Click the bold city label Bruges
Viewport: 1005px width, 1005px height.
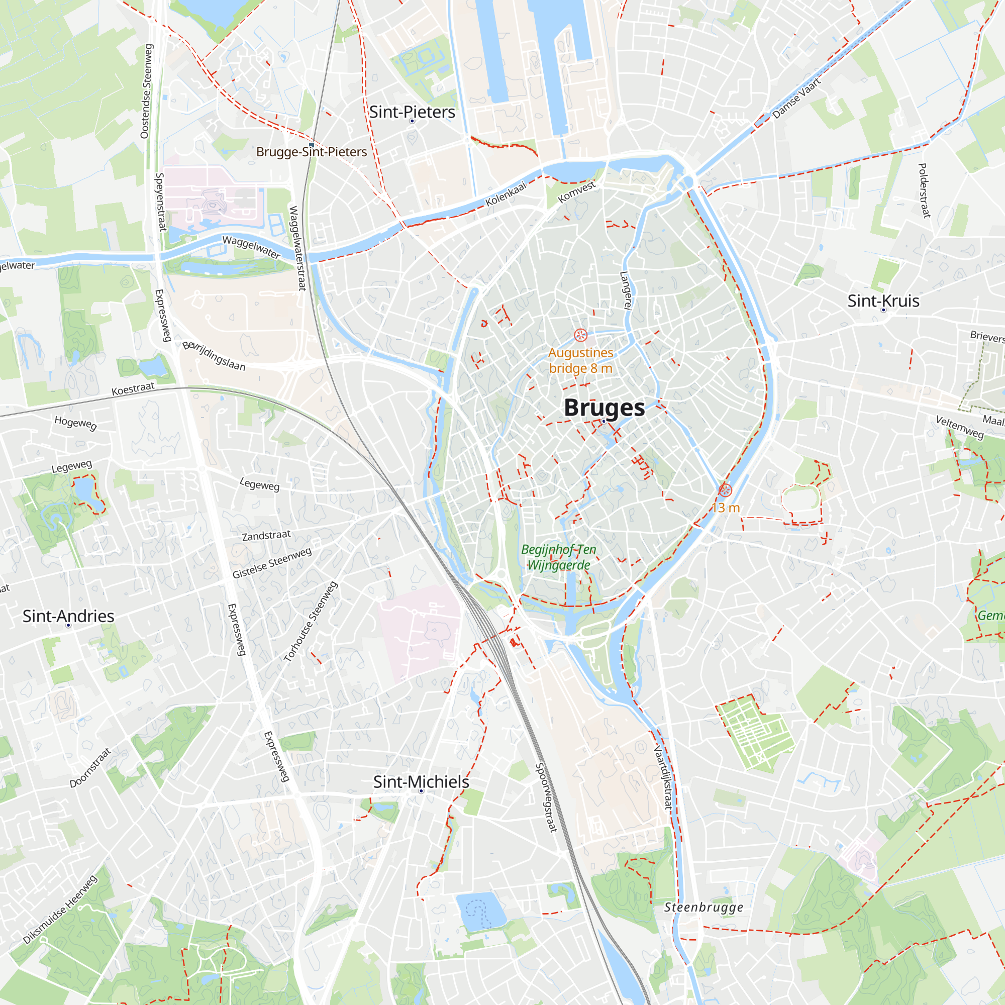(x=604, y=408)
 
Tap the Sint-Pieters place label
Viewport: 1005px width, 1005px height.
(x=412, y=112)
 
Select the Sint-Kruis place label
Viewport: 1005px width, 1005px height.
(x=883, y=300)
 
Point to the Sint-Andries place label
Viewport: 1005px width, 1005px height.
(x=68, y=616)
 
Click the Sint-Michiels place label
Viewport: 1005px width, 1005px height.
(x=421, y=782)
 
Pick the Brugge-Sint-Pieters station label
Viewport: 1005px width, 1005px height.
(x=312, y=152)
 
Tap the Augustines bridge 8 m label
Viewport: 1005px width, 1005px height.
(x=580, y=360)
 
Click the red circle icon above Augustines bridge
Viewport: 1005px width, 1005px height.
(x=580, y=335)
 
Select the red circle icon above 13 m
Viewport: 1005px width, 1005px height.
(x=725, y=490)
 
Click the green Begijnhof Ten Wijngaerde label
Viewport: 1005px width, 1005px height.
(x=559, y=557)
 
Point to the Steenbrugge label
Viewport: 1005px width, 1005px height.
(x=703, y=907)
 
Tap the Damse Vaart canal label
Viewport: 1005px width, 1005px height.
(x=796, y=98)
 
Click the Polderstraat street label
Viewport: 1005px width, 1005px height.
(x=924, y=190)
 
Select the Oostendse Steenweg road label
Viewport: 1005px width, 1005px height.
(x=147, y=91)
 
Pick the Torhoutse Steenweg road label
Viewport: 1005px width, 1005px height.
(x=311, y=622)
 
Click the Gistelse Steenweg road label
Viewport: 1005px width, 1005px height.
(x=272, y=563)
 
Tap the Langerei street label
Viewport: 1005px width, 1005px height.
(x=626, y=291)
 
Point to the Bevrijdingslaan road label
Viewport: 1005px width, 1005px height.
(x=214, y=356)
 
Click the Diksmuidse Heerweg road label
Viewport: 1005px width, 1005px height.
(x=60, y=910)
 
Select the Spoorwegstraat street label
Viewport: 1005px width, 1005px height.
(x=546, y=797)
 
